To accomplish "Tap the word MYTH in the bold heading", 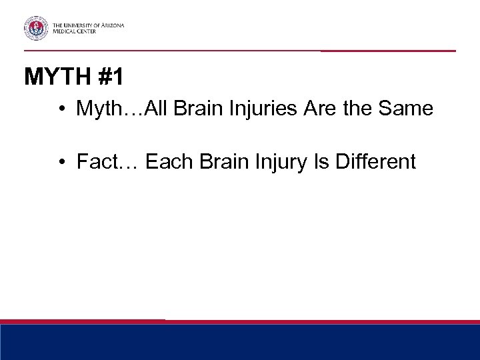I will (x=56, y=78).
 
